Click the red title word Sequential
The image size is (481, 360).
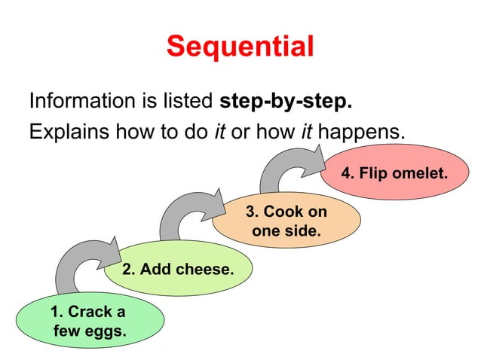click(240, 47)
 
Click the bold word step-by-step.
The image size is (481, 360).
click(286, 101)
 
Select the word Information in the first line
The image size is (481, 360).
click(79, 101)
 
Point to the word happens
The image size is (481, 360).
click(361, 133)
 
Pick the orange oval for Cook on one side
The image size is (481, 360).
click(286, 221)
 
